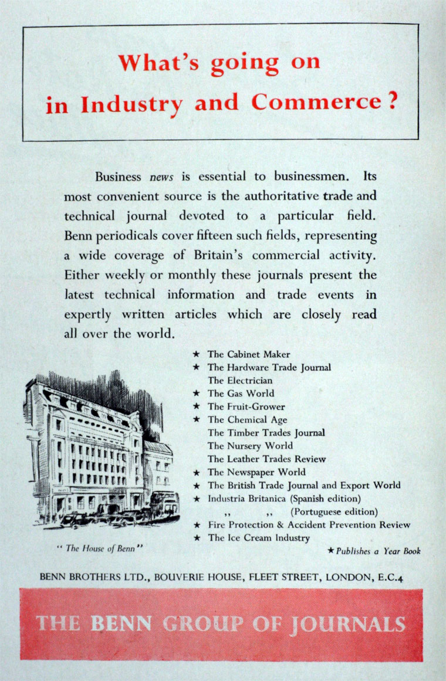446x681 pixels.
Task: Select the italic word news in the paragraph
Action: point(161,176)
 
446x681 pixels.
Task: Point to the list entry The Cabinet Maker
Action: point(249,354)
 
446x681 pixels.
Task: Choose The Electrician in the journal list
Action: point(240,380)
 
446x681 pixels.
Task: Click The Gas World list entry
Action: point(241,393)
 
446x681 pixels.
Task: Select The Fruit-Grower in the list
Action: point(246,406)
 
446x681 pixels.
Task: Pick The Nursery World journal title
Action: point(250,446)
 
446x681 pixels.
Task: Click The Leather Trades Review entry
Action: point(266,459)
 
